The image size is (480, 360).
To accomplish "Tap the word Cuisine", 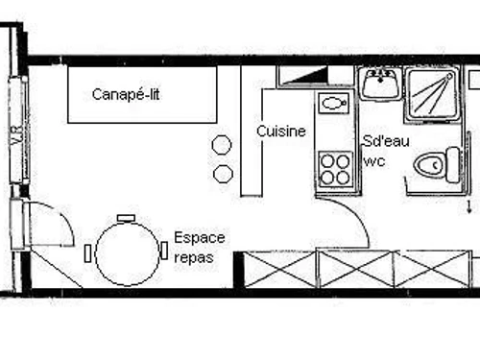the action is click(x=281, y=132).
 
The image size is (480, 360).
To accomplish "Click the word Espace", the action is click(x=200, y=237).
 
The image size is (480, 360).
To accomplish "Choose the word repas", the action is click(x=195, y=257).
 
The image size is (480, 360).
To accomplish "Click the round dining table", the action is click(x=126, y=252).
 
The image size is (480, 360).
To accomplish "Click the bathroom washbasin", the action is click(x=381, y=83).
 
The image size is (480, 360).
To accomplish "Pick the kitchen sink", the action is click(x=334, y=104).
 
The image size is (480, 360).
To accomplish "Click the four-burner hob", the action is click(x=335, y=169).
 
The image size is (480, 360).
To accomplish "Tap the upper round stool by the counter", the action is click(x=222, y=145).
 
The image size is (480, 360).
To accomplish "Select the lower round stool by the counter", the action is click(x=223, y=174).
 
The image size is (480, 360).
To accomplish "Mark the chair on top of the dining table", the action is click(x=126, y=218).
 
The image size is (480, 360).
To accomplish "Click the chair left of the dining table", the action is click(x=87, y=253).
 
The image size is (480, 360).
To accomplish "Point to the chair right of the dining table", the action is click(x=164, y=252).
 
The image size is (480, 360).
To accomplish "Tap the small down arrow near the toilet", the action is click(x=468, y=204).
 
